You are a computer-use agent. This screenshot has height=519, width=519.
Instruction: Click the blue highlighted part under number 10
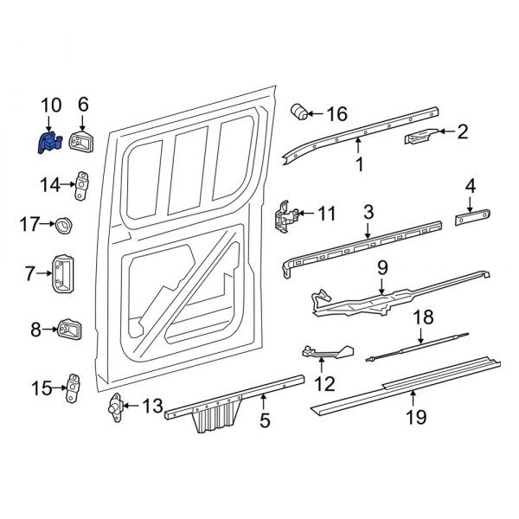click(x=47, y=143)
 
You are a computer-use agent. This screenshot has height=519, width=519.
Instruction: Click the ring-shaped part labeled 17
click(x=63, y=228)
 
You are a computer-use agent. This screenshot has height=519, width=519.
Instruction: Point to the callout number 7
click(x=29, y=273)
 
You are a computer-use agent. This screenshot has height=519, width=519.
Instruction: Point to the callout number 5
click(x=265, y=421)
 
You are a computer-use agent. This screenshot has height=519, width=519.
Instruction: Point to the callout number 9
click(x=382, y=268)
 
